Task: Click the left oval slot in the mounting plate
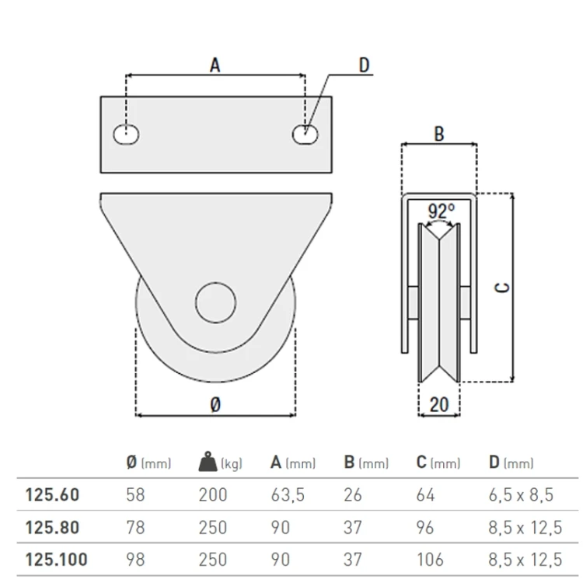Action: click(127, 134)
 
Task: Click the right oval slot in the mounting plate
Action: click(305, 134)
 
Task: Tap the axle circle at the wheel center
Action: click(215, 302)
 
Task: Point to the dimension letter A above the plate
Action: click(215, 65)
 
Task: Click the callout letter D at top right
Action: click(364, 65)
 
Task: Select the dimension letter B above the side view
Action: click(439, 134)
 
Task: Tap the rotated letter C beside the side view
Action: click(502, 288)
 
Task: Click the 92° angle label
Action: click(442, 211)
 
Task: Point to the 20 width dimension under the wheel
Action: click(439, 404)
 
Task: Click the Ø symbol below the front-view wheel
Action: click(215, 404)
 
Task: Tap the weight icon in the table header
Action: click(208, 462)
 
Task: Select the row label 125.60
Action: click(52, 495)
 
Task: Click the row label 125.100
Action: click(56, 560)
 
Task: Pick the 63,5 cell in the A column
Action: click(288, 495)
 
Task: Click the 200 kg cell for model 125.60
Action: click(213, 495)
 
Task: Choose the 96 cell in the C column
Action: click(425, 527)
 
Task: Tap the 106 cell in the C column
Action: click(430, 560)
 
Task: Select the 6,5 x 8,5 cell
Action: click(521, 495)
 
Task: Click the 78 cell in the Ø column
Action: click(135, 527)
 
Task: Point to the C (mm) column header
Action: click(438, 463)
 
